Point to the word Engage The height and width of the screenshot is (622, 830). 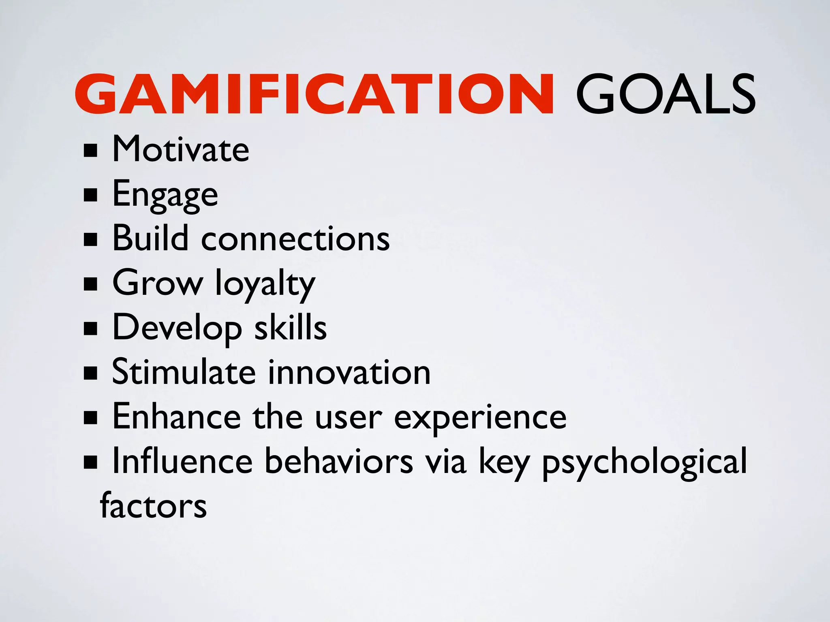point(165,195)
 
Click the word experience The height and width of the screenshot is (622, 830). point(480,418)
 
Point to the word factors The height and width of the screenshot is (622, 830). point(153,506)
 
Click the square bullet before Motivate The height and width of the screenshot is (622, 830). point(90,151)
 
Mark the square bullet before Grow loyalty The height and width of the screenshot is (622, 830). point(90,284)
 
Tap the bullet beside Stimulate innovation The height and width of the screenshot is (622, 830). point(90,373)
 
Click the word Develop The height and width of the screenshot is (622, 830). point(177,329)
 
